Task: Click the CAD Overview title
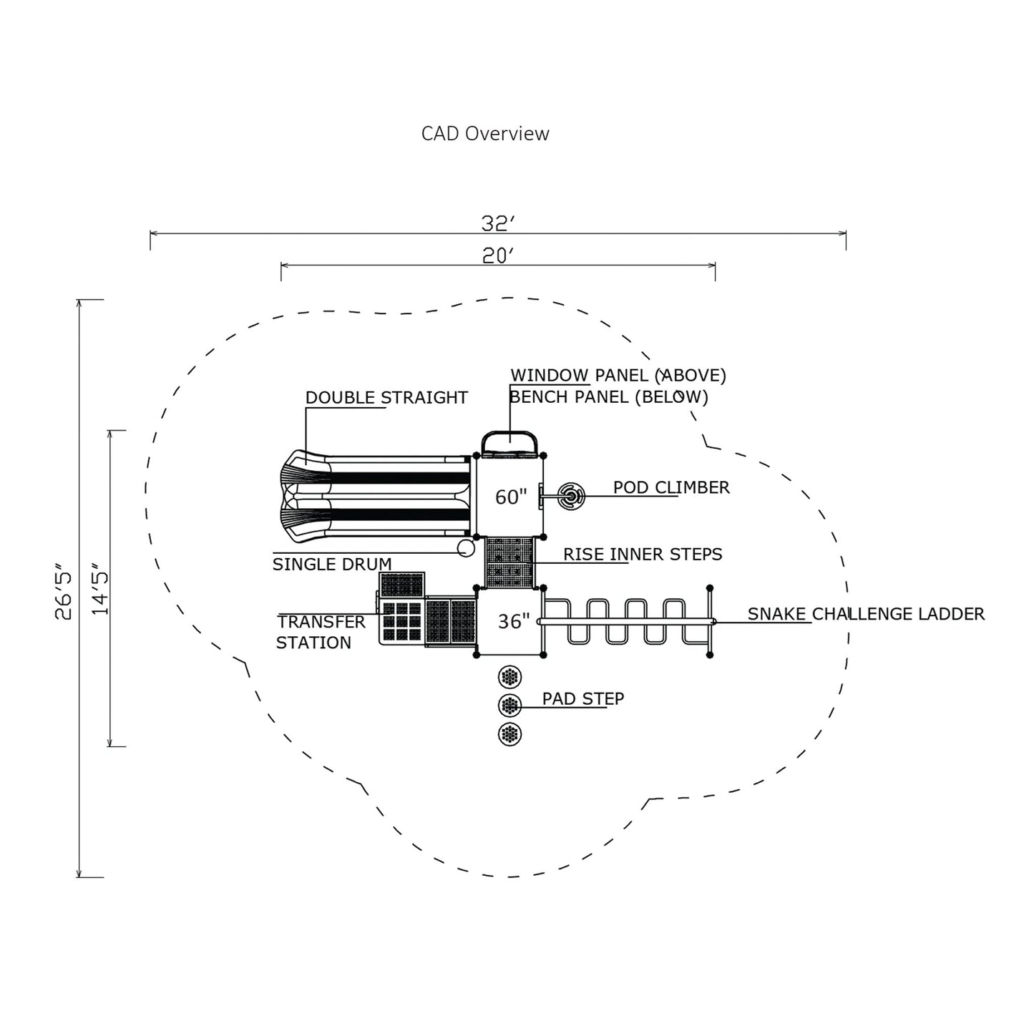[x=485, y=134]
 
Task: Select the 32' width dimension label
[x=498, y=224]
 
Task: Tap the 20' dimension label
[x=498, y=255]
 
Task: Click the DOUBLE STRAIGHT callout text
[x=386, y=398]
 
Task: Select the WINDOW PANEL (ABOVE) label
[x=618, y=376]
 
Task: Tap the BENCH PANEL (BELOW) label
[x=609, y=397]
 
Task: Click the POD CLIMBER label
[x=671, y=487]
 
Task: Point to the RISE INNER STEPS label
[x=643, y=555]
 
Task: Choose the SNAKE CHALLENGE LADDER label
[x=866, y=614]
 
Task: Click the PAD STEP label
[x=583, y=698]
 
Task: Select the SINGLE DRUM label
[x=332, y=565]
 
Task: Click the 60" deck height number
[x=511, y=497]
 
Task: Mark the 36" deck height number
[x=514, y=621]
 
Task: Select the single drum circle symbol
[x=466, y=548]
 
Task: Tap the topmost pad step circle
[x=509, y=676]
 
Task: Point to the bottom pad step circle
[x=509, y=734]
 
